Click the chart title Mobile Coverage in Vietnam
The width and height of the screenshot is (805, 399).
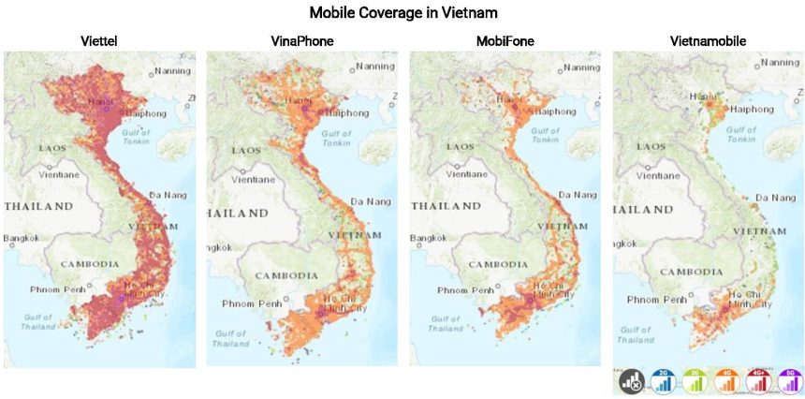(402, 13)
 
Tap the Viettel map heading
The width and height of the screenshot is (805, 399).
(99, 41)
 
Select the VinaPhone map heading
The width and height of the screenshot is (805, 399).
(301, 41)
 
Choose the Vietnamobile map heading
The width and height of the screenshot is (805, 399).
(708, 41)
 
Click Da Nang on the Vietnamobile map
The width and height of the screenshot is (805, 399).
(776, 198)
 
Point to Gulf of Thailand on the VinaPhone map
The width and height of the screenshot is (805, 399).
(230, 338)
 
